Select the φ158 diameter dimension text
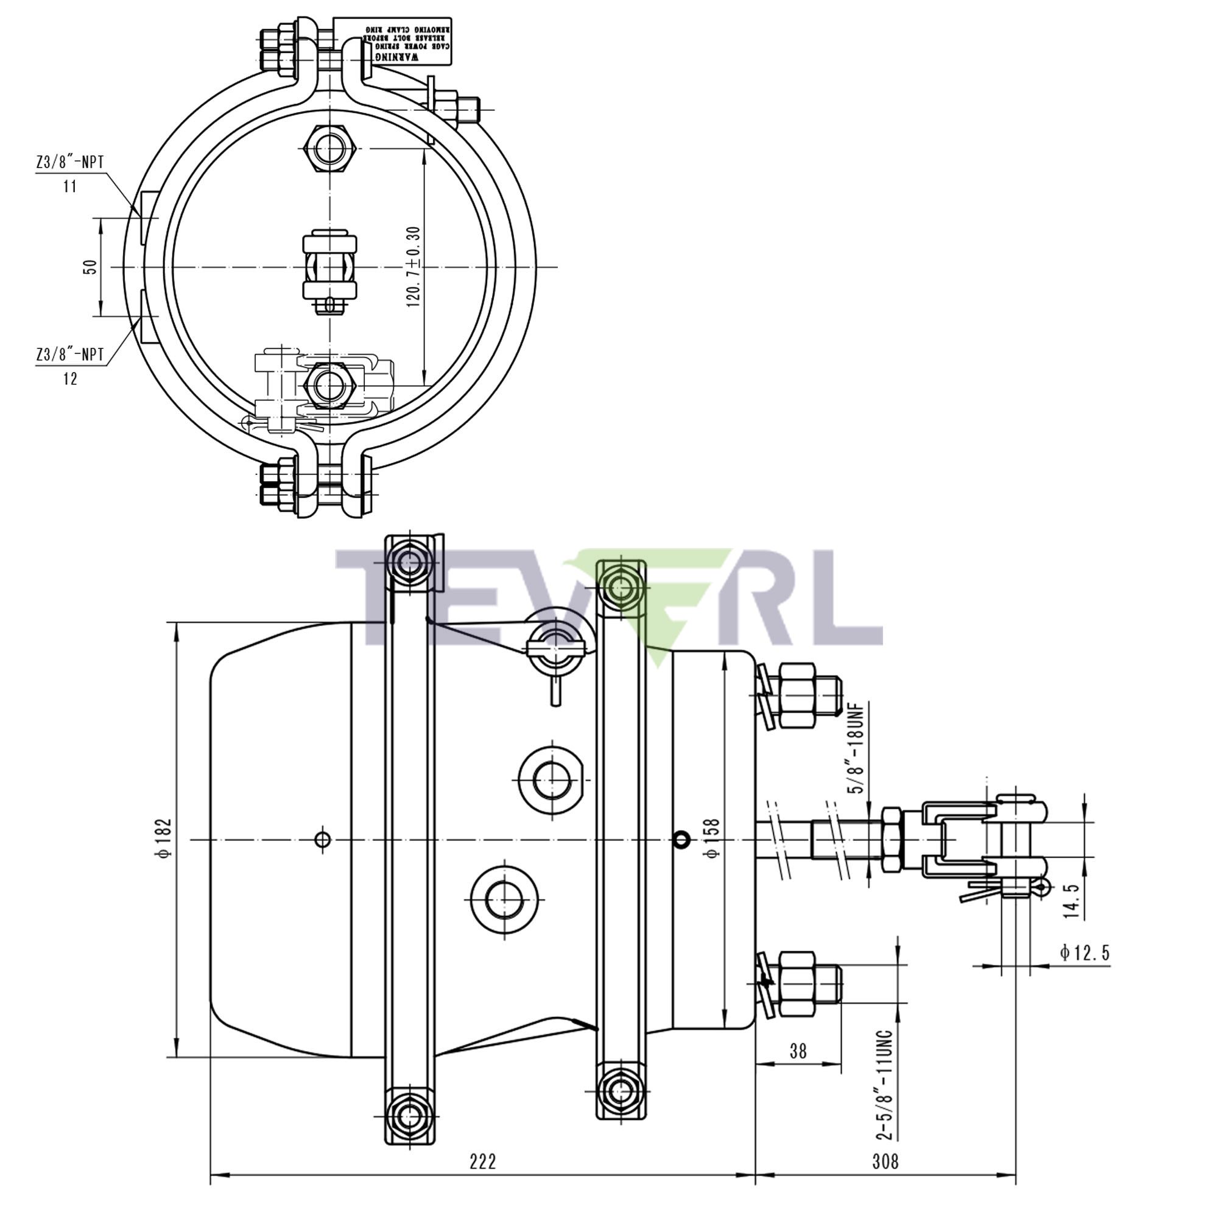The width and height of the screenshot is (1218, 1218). [713, 838]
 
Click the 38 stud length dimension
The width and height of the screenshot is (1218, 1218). [798, 1051]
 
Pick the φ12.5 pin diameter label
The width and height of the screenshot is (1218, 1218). [1084, 952]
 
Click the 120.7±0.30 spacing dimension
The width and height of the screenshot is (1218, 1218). [414, 266]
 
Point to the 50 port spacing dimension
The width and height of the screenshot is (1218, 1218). [91, 266]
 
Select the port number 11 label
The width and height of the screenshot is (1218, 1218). [70, 186]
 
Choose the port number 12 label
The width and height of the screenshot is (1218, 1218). [70, 378]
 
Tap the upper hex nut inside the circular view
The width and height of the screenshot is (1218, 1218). [329, 149]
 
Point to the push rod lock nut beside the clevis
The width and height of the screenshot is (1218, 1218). [892, 839]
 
